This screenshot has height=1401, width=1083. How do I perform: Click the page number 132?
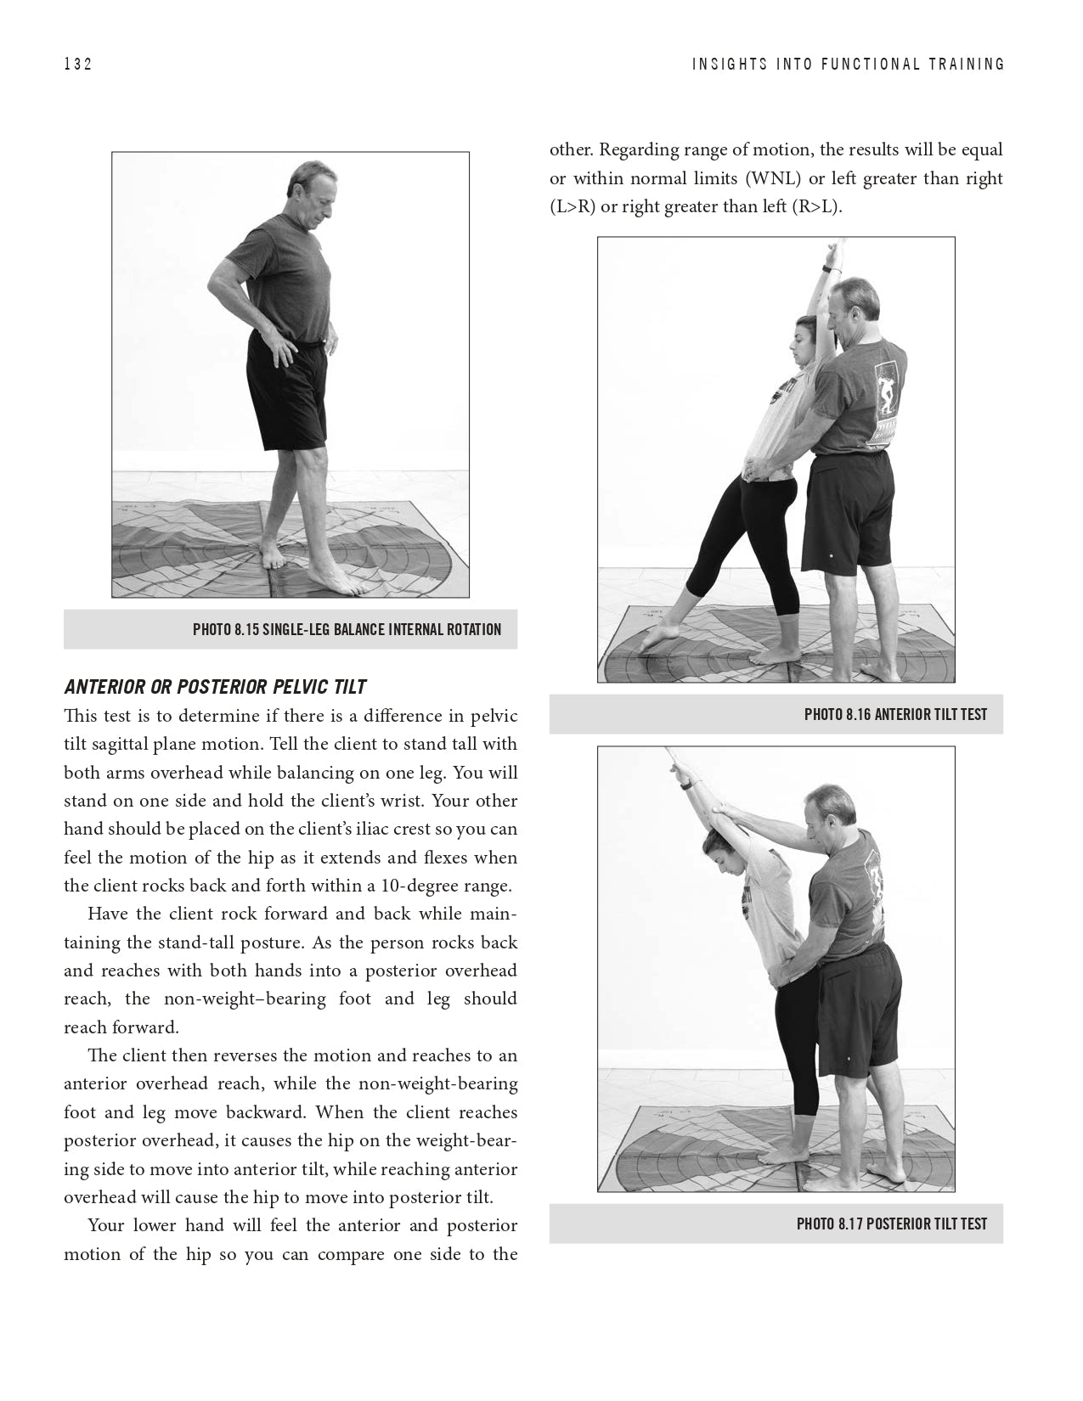(x=77, y=65)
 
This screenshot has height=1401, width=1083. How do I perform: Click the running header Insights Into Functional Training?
(x=848, y=65)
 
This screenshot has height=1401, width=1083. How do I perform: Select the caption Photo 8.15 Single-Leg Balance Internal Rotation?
(x=347, y=629)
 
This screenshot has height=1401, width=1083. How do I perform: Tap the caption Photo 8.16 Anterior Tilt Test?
(x=895, y=714)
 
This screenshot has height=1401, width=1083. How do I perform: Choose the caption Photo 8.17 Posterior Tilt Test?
(x=891, y=1224)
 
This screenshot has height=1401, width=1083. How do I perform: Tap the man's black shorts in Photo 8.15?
(x=285, y=391)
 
